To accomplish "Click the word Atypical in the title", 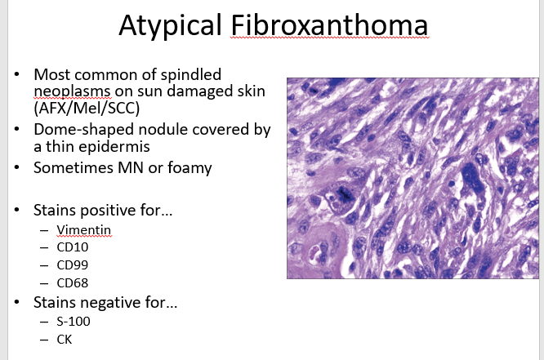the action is (x=170, y=26).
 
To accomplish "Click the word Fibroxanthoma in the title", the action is (x=329, y=25).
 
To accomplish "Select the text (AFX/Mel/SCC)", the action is (x=87, y=109).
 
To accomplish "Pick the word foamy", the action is (x=190, y=168).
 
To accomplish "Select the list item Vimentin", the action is (x=83, y=230).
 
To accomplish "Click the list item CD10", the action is (x=73, y=247).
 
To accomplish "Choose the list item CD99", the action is (x=73, y=265).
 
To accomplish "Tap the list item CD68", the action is (x=73, y=283).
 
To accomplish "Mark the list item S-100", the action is (x=74, y=322).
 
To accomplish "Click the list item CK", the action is (x=65, y=340).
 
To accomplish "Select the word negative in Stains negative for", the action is (x=110, y=303).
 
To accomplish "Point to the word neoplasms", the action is (x=72, y=92).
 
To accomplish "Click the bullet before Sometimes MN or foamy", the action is (x=17, y=167).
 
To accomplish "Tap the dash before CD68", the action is (x=44, y=284).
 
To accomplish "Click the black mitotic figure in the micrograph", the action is (x=344, y=194).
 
